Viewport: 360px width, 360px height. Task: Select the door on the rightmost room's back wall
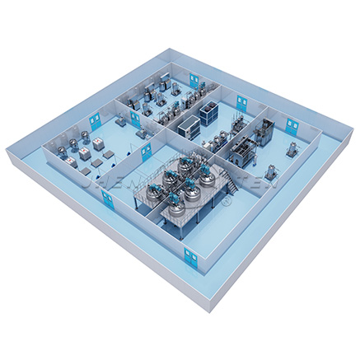coord(291,126)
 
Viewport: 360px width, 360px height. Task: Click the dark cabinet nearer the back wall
coord(206,109)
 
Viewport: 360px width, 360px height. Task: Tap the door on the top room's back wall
coord(195,80)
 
